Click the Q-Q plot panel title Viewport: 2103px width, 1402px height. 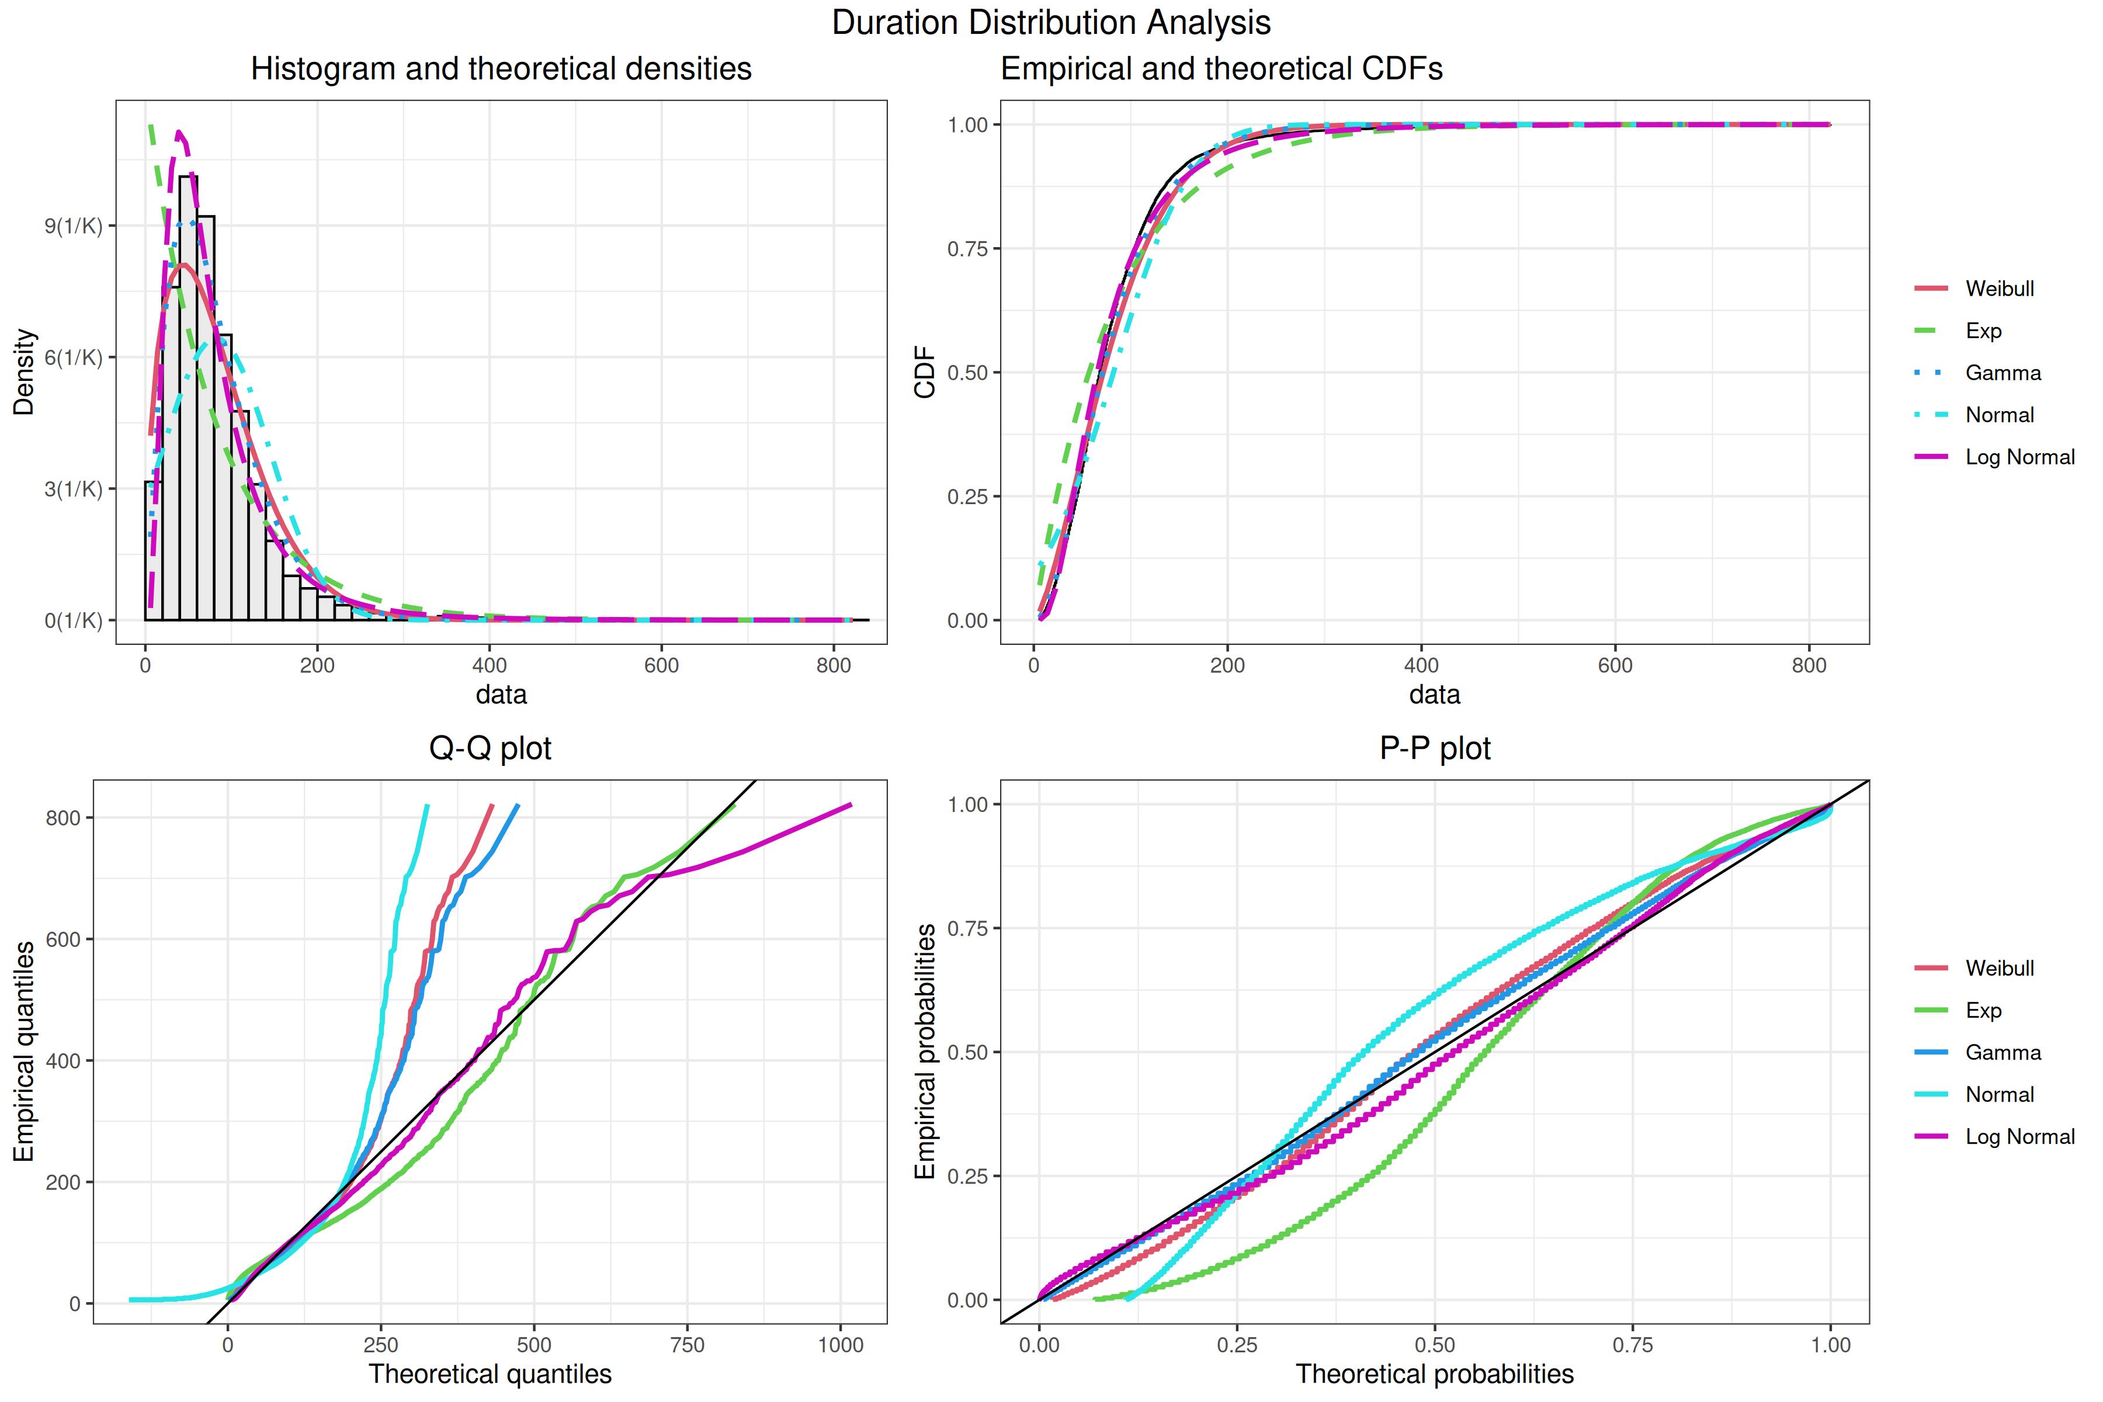point(490,748)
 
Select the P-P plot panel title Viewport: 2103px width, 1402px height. point(1435,748)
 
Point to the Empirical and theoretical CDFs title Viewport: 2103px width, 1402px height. point(1221,69)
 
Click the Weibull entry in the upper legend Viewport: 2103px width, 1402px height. point(1999,289)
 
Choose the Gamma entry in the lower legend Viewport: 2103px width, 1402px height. point(2003,1053)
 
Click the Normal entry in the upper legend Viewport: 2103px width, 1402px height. point(1999,415)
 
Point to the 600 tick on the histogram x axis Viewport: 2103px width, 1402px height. point(662,665)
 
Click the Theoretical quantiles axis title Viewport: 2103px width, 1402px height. point(490,1375)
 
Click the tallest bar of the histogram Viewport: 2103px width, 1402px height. point(188,398)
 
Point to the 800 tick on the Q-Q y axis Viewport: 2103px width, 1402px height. point(64,818)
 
